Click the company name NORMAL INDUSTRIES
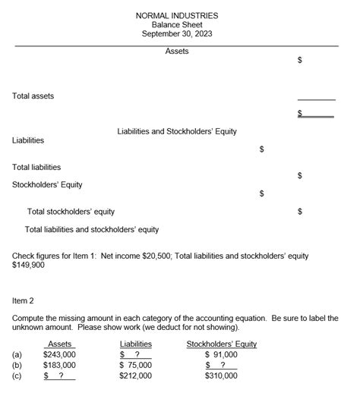point(176,15)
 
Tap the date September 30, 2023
point(176,33)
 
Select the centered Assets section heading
point(176,51)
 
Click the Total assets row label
point(33,96)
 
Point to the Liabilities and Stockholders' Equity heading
point(177,131)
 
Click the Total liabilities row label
point(37,167)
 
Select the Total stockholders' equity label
point(71,212)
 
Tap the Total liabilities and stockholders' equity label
point(92,229)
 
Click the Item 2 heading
point(24,300)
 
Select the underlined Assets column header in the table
point(60,344)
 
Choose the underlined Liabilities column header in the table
point(136,344)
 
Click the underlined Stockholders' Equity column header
point(222,344)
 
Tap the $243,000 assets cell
point(59,354)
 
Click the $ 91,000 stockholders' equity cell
point(222,354)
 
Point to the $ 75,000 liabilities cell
point(136,364)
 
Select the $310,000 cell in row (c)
point(222,375)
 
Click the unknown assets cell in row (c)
point(59,375)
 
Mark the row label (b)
point(17,364)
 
